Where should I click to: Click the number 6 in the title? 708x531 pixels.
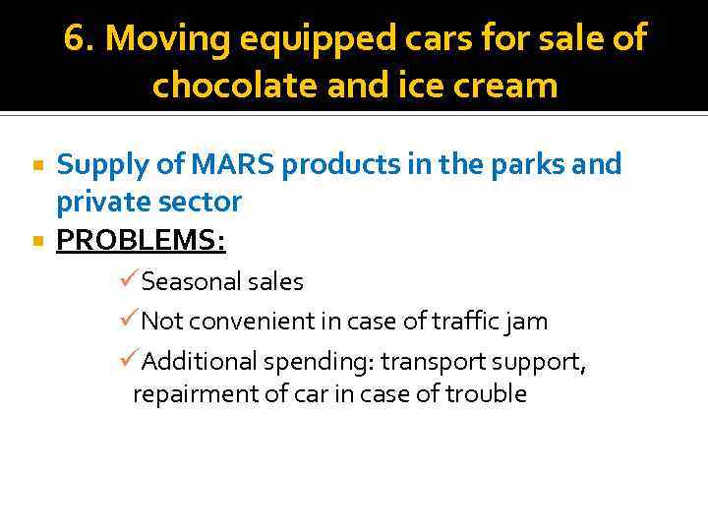tap(73, 39)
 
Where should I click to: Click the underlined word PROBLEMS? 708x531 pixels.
tap(141, 240)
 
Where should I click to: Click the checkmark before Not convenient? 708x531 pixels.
tap(128, 321)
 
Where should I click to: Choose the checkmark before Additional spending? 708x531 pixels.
tap(128, 361)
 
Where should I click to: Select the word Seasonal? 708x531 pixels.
tap(190, 282)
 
